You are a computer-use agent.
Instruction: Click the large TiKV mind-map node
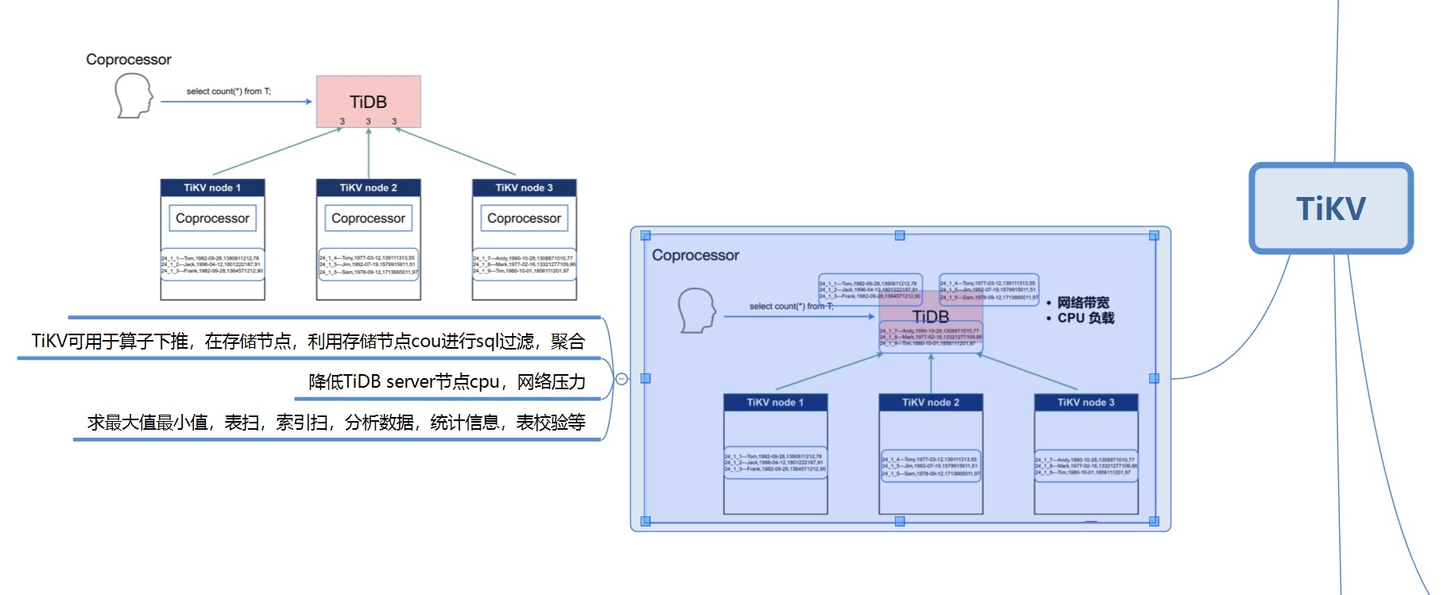point(1330,208)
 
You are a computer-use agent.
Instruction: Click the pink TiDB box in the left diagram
point(368,102)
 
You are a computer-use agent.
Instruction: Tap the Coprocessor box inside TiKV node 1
point(212,218)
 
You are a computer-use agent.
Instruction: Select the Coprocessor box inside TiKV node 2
point(368,218)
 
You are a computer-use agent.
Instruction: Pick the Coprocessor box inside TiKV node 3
point(524,218)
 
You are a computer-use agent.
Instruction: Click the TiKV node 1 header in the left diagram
point(212,187)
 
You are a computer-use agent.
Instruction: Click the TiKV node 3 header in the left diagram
point(524,187)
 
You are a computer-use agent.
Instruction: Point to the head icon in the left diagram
point(133,95)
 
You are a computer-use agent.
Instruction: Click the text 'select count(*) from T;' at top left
point(228,91)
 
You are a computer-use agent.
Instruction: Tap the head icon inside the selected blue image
point(697,310)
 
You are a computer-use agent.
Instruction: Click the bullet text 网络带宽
point(1082,303)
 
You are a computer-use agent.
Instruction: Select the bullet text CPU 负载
point(1086,318)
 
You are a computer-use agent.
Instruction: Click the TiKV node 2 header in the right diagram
point(931,403)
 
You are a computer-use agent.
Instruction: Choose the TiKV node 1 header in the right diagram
point(775,403)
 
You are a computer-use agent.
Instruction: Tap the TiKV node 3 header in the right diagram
point(1086,403)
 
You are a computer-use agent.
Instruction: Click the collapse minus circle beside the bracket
point(622,379)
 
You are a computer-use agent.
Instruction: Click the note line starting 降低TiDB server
point(447,382)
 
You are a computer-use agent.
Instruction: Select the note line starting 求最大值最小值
point(336,423)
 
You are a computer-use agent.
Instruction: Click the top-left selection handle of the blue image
point(645,235)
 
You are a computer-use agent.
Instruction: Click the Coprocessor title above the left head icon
point(129,60)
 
